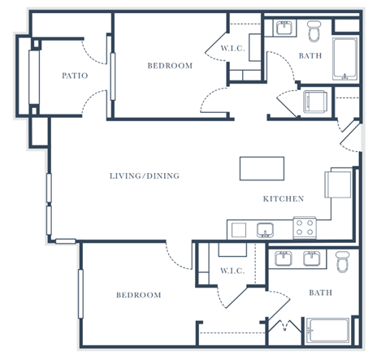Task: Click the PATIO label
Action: coord(75,76)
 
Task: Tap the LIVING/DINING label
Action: coord(145,176)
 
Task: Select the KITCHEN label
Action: coord(284,199)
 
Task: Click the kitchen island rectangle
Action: coord(262,168)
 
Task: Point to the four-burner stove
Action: coord(305,228)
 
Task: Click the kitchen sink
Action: coord(265,230)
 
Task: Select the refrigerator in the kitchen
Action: coord(338,184)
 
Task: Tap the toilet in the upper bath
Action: coord(314,32)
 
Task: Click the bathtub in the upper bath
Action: coord(344,59)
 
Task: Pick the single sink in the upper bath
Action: coord(284,28)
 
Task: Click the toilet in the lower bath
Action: coord(343,262)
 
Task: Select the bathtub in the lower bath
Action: coord(327,331)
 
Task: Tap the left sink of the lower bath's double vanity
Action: coord(284,258)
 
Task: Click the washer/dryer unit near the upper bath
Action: coord(315,102)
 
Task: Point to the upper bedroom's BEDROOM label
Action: coord(170,66)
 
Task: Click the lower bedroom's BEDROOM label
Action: coord(139,295)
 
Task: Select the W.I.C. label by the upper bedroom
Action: coord(233,49)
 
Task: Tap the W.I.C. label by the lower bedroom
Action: coord(232,271)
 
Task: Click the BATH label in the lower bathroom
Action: coord(321,293)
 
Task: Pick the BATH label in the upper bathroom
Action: coord(310,56)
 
